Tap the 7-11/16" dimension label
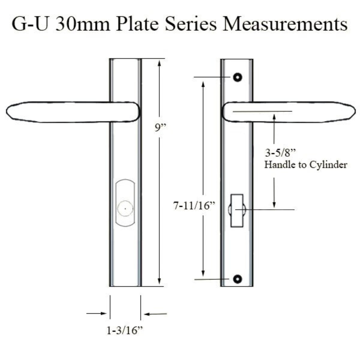coord(194,206)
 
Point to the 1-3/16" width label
coord(125,330)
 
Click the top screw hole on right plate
coord(238,77)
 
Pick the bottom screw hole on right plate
coord(238,279)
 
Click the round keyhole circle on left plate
coord(125,208)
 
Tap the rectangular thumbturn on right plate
coord(237,210)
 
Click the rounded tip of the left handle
coord(7,112)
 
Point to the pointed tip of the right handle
coord(354,112)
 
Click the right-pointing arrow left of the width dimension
coord(96,313)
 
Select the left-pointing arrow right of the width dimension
coord(155,314)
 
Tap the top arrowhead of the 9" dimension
coord(159,62)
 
